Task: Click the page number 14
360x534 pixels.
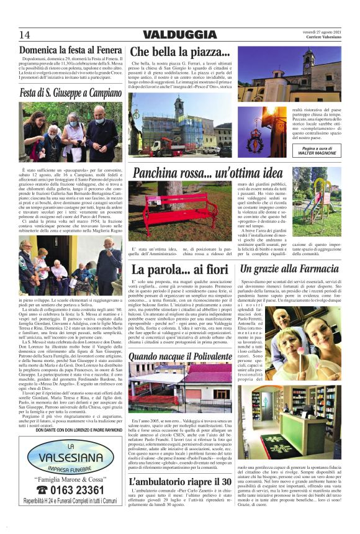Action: point(24,35)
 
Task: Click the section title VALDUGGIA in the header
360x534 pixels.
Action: point(180,34)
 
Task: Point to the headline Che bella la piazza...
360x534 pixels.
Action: point(181,52)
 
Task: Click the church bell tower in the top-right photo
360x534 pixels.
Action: point(308,68)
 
